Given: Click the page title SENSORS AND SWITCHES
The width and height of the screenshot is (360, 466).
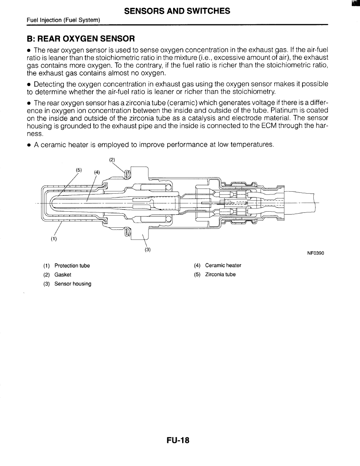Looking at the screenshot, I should pyautogui.click(x=177, y=11).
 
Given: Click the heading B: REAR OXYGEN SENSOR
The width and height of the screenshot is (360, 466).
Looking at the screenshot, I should pyautogui.click(x=81, y=39).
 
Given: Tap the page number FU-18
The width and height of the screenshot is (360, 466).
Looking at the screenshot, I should pyautogui.click(x=177, y=441).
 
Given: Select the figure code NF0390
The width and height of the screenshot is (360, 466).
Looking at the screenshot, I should pyautogui.click(x=315, y=253).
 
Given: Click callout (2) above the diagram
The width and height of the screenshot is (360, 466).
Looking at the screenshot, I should pyautogui.click(x=112, y=160).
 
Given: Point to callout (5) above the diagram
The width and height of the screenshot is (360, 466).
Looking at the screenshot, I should pyautogui.click(x=79, y=170).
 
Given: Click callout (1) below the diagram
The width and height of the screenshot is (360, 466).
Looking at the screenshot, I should pyautogui.click(x=53, y=239).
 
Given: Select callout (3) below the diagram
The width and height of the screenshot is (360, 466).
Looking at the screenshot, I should pyautogui.click(x=148, y=249).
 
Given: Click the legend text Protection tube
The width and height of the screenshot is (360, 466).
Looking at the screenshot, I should pyautogui.click(x=72, y=266).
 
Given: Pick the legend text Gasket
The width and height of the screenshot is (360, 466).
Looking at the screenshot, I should pyautogui.click(x=63, y=275).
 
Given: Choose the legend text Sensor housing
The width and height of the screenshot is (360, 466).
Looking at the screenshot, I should pyautogui.click(x=73, y=284).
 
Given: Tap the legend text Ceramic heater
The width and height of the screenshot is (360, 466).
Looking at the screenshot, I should pyautogui.click(x=223, y=265).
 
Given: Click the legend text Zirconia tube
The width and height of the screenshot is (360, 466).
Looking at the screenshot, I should pyautogui.click(x=220, y=274).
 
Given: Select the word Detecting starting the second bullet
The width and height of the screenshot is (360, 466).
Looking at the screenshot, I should pyautogui.click(x=49, y=84).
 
